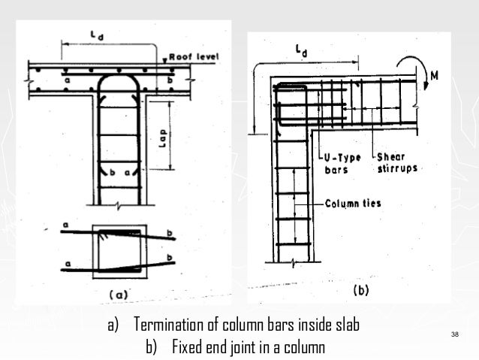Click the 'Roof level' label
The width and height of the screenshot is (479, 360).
pyautogui.click(x=194, y=56)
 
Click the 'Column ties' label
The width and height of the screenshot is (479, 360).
pyautogui.click(x=351, y=203)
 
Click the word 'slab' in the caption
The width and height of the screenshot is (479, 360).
pyautogui.click(x=345, y=326)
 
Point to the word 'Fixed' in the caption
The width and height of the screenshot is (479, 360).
pyautogui.click(x=190, y=347)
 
